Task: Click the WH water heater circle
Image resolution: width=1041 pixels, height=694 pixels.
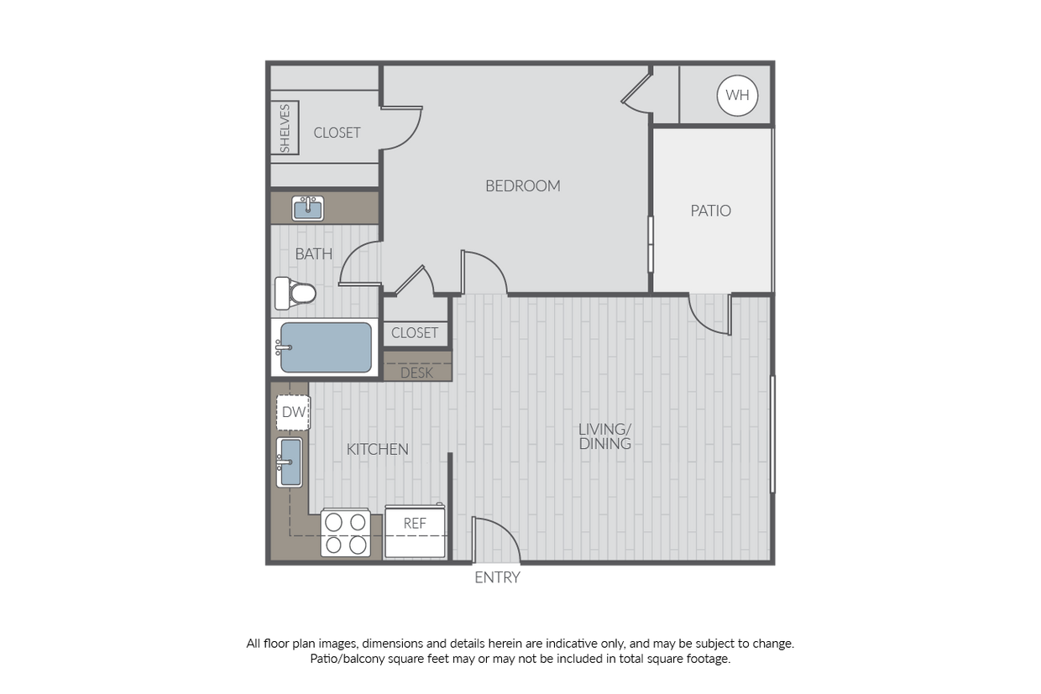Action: click(x=737, y=95)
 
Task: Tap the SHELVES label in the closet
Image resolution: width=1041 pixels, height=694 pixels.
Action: click(x=285, y=128)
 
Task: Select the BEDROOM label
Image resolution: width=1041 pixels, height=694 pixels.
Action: click(x=522, y=185)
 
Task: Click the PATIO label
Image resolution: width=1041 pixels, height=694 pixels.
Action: click(x=710, y=211)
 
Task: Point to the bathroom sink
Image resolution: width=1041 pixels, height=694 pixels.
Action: click(x=307, y=207)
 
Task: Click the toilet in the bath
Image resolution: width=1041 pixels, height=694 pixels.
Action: click(x=296, y=293)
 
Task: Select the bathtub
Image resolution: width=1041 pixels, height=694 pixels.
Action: click(x=324, y=347)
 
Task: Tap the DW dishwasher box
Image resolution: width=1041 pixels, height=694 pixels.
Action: click(x=293, y=412)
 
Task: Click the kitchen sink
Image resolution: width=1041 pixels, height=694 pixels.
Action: click(x=290, y=462)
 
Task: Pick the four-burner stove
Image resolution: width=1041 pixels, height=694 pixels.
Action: click(x=346, y=533)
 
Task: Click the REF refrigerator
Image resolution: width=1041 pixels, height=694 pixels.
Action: click(x=415, y=532)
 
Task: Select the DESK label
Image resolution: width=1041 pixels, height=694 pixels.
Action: click(x=416, y=373)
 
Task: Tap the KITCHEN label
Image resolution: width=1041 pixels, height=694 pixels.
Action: click(x=377, y=449)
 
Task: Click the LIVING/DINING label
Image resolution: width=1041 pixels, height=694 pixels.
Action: click(x=604, y=436)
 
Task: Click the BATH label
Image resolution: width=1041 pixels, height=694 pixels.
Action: click(x=313, y=253)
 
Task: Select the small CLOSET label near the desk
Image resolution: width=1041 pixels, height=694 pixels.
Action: click(x=415, y=332)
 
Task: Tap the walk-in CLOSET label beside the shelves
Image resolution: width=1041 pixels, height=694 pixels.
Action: click(x=337, y=133)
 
